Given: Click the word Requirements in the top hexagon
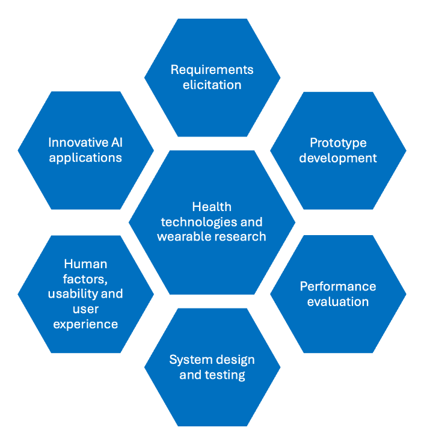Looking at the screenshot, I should coord(212,70).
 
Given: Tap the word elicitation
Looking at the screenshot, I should coord(212,85).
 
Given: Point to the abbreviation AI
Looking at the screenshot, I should coord(117,143).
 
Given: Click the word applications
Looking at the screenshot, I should coord(85,158).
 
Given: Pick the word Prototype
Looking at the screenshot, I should coord(338,143).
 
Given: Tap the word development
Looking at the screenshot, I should coord(338,158).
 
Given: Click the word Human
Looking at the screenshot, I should coord(85,264).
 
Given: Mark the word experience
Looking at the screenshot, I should coord(85,324).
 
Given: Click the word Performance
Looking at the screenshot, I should coord(338,286).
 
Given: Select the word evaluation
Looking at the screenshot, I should coord(338,301).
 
